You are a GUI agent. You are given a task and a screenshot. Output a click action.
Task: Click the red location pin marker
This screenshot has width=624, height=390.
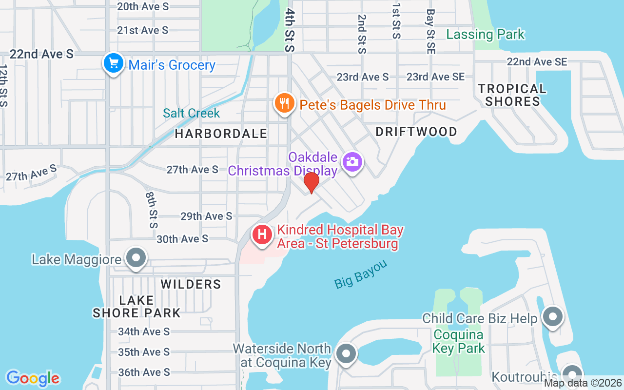(311, 182)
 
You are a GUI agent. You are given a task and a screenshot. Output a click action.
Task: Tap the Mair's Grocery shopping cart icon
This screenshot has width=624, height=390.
(113, 63)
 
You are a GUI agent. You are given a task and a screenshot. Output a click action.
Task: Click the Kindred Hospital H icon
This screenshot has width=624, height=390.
(262, 234)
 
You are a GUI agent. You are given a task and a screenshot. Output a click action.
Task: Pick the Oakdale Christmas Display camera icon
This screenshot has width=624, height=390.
(352, 161)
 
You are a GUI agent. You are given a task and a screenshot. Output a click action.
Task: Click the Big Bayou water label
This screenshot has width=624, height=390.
(361, 274)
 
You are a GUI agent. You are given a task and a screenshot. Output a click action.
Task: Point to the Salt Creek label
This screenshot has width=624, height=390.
(192, 113)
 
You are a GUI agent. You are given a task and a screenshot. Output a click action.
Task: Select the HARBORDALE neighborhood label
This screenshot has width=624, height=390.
(221, 134)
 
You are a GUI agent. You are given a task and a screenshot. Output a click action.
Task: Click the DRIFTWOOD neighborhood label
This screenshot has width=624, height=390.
(417, 132)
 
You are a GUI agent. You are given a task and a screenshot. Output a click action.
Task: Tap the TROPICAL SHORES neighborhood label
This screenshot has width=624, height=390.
(512, 95)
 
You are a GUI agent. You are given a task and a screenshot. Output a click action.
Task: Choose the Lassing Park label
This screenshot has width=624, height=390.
(486, 34)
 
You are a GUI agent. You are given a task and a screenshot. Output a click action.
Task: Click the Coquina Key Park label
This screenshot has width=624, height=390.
(459, 341)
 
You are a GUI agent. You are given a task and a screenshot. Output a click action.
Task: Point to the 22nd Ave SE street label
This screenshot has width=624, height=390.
(537, 62)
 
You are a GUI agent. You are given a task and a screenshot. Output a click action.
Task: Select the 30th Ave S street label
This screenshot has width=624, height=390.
(182, 239)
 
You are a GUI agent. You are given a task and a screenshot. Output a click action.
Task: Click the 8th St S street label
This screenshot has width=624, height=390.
(152, 210)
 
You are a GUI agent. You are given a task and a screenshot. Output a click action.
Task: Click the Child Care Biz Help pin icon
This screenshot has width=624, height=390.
(552, 317)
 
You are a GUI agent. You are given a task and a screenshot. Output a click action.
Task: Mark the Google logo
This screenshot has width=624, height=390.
(33, 378)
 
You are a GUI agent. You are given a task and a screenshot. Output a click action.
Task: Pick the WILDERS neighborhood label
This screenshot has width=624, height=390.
(191, 284)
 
